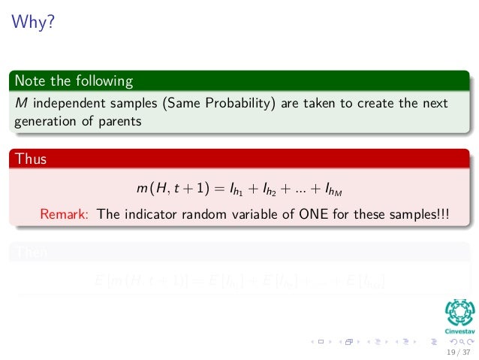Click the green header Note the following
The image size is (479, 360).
pyautogui.click(x=74, y=80)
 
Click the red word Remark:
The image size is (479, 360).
pyautogui.click(x=65, y=213)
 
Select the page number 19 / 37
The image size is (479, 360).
pyautogui.click(x=456, y=351)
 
